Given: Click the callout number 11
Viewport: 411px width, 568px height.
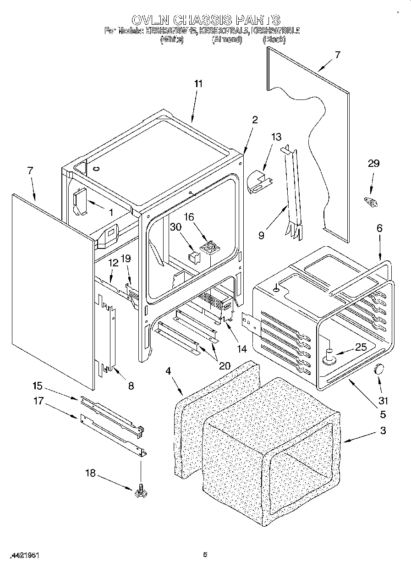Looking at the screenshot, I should (198, 84).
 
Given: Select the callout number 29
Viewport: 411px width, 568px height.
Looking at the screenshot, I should (374, 164).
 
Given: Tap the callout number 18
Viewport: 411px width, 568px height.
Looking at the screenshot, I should (91, 473).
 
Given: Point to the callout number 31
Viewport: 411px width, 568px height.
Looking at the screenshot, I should (383, 401).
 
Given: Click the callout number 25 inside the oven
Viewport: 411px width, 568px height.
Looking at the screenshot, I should (361, 347).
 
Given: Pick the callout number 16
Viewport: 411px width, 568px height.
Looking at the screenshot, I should (189, 217).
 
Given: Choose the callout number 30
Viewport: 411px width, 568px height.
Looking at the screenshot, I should (175, 227).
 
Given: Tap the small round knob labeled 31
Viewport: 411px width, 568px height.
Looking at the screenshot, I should (379, 369).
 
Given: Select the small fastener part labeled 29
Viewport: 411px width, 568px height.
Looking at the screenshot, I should (370, 201).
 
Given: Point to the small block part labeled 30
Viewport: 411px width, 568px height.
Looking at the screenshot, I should (194, 257).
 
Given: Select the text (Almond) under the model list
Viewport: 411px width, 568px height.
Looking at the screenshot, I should (226, 40).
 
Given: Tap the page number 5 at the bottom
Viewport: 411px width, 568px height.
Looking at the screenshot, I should (205, 555).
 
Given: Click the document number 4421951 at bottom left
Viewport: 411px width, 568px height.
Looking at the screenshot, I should (25, 555).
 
